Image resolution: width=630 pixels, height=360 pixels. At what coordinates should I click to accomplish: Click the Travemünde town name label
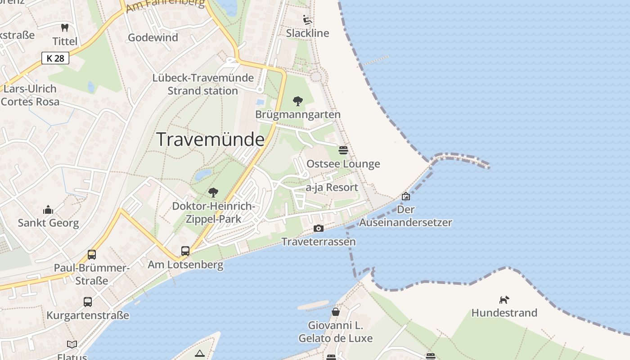pyautogui.click(x=210, y=139)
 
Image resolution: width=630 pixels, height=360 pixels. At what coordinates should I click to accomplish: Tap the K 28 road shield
pyautogui.click(x=55, y=58)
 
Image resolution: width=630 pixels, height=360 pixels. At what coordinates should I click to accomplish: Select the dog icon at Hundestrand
pyautogui.click(x=504, y=300)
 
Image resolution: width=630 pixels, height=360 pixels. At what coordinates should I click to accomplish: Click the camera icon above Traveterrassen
pyautogui.click(x=319, y=229)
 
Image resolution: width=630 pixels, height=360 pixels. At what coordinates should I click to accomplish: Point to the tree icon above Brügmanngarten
pyautogui.click(x=297, y=101)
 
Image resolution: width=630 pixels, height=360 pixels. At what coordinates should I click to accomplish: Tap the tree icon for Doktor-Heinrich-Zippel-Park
pyautogui.click(x=213, y=193)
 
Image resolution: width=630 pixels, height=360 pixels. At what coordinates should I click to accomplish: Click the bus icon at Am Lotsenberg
pyautogui.click(x=185, y=251)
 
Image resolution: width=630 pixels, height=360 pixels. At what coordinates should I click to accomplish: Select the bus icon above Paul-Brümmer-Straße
pyautogui.click(x=92, y=255)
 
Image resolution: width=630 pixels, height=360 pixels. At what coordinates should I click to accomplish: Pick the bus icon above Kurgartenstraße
pyautogui.click(x=88, y=302)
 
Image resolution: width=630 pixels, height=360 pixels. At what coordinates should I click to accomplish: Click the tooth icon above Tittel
pyautogui.click(x=65, y=28)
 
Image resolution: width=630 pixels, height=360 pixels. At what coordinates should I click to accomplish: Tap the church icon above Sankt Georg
pyautogui.click(x=48, y=210)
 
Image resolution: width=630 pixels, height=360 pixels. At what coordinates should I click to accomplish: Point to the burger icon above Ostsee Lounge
pyautogui.click(x=343, y=150)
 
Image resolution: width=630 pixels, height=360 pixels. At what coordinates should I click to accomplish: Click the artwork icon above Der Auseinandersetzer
pyautogui.click(x=406, y=196)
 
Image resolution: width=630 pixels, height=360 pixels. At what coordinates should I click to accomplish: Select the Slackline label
pyautogui.click(x=307, y=33)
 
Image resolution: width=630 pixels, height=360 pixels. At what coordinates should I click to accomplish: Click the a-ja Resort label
pyautogui.click(x=332, y=187)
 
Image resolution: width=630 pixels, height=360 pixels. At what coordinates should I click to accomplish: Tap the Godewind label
pyautogui.click(x=153, y=37)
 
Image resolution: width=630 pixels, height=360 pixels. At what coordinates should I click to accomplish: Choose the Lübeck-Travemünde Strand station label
pyautogui.click(x=202, y=84)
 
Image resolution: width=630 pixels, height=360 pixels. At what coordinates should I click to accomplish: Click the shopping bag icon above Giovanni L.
pyautogui.click(x=336, y=312)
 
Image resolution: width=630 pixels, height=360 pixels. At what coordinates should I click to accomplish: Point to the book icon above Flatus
pyautogui.click(x=72, y=345)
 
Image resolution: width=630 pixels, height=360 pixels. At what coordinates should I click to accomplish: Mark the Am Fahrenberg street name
pyautogui.click(x=165, y=5)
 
